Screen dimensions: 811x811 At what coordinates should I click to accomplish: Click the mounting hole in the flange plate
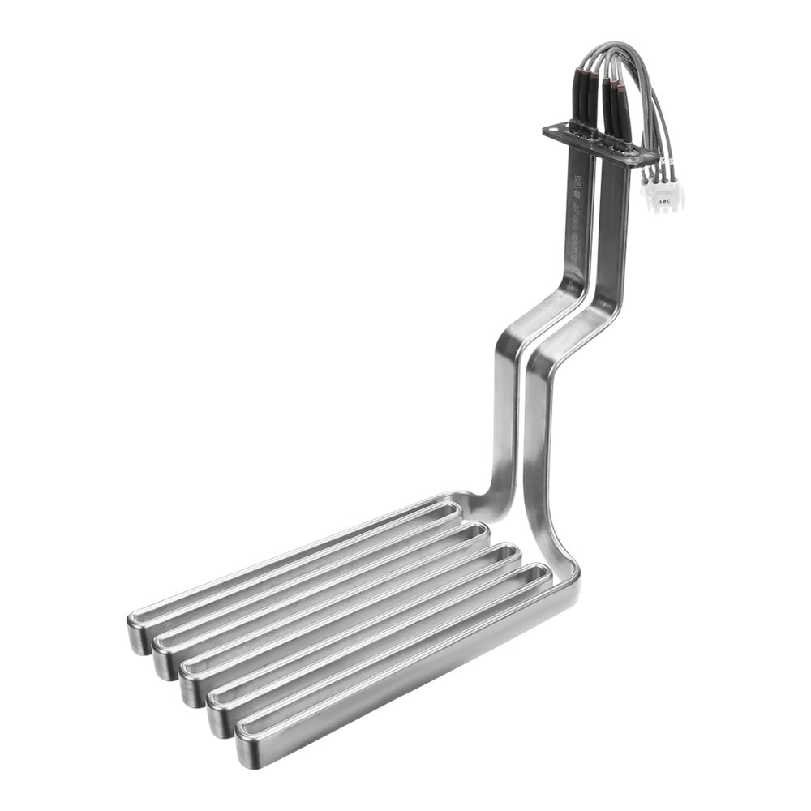click(556, 130)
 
